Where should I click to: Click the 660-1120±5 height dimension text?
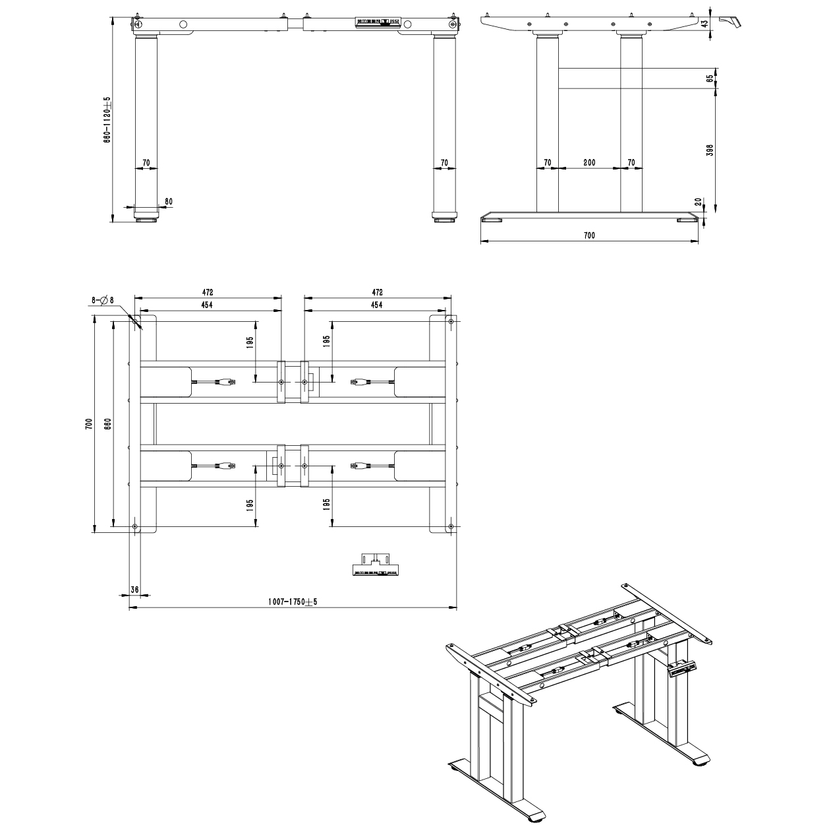107,119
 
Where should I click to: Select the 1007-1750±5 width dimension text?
293,602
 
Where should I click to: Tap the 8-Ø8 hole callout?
102,300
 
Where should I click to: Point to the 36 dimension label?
134,590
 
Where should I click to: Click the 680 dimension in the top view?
108,423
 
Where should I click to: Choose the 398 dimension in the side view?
709,150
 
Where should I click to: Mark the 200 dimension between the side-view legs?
589,163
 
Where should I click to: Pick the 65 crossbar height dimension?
709,78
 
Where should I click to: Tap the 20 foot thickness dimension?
698,202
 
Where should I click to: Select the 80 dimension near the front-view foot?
169,202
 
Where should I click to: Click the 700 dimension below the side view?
589,235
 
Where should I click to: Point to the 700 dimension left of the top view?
88,423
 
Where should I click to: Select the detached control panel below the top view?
375,565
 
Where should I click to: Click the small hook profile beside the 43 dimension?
730,22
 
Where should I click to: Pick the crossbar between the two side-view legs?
589,78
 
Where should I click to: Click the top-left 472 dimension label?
208,293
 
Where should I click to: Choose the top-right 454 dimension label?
376,305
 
